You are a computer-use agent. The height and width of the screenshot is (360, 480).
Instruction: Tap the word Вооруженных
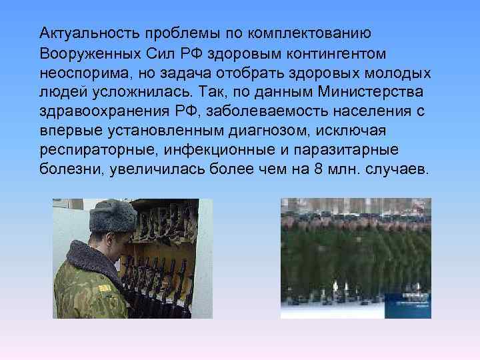coord(89,51)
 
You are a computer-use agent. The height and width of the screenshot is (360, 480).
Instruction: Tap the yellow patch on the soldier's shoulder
coord(104,288)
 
